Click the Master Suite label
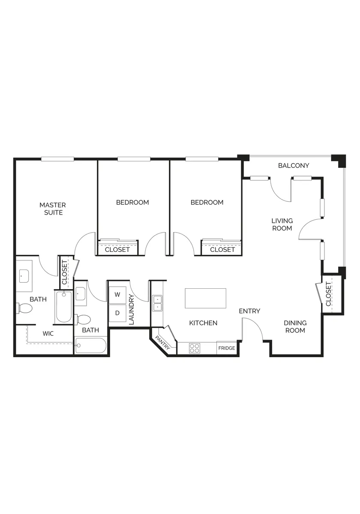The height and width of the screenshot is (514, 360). [x=53, y=209]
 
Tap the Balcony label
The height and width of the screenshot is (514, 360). [x=294, y=165]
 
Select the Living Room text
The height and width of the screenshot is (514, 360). [x=282, y=224]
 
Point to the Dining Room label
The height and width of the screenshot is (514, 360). [x=295, y=326]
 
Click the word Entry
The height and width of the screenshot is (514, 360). [x=249, y=311]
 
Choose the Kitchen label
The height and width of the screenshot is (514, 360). [x=203, y=323]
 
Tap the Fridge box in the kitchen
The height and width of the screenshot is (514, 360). [x=227, y=348]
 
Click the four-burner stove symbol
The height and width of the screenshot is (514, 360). [x=195, y=348]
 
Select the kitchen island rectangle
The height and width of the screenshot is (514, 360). [x=205, y=298]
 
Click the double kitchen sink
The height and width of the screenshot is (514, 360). [x=157, y=303]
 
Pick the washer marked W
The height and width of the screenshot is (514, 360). [x=117, y=295]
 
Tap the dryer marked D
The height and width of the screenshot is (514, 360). [x=117, y=313]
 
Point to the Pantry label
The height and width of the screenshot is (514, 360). [x=162, y=343]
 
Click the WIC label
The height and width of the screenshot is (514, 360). [x=48, y=334]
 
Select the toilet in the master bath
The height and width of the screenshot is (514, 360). [x=24, y=308]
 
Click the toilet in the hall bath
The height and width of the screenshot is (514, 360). [x=82, y=320]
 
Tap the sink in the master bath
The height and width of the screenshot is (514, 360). [x=24, y=276]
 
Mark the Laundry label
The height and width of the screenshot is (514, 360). [x=131, y=310]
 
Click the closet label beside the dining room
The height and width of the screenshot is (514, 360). [x=329, y=294]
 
